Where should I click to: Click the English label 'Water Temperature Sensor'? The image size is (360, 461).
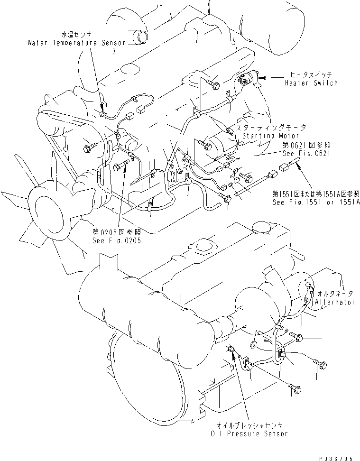(x=76, y=43)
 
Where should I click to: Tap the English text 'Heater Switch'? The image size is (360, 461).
(x=311, y=83)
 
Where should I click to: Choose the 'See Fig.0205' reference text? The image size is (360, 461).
(x=117, y=240)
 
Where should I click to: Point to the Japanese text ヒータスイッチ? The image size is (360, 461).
(x=311, y=75)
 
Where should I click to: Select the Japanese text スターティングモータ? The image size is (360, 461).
(x=271, y=128)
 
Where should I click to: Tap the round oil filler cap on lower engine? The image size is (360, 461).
(x=261, y=229)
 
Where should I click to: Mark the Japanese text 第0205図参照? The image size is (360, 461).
(x=117, y=232)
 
